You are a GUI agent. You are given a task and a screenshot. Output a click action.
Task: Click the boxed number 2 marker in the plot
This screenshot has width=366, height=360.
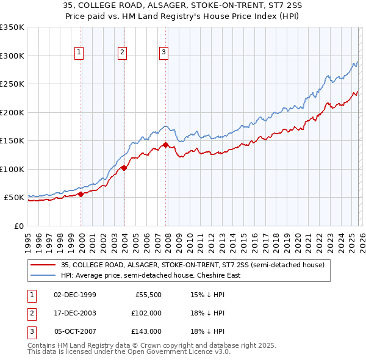tap(122, 53)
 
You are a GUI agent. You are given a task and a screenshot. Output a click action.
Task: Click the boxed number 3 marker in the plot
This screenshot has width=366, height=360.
tap(164, 53)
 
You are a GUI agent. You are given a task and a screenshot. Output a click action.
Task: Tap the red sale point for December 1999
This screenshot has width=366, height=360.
tap(81, 194)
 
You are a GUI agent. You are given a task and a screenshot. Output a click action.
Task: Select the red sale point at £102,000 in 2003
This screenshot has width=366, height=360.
tap(124, 168)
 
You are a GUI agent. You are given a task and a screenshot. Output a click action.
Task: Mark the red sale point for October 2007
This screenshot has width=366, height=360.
tap(165, 145)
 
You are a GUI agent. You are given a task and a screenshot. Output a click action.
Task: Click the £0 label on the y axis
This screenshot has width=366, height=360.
tap(18, 226)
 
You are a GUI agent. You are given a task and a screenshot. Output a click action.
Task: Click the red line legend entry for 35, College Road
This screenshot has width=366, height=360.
tap(195, 265)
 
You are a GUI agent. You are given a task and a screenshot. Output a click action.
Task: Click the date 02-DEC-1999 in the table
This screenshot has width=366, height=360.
tap(74, 294)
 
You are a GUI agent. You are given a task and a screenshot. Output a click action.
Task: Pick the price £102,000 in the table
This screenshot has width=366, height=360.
tap(146, 313)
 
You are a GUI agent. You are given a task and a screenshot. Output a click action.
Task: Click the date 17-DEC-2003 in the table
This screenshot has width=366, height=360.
tap(74, 313)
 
